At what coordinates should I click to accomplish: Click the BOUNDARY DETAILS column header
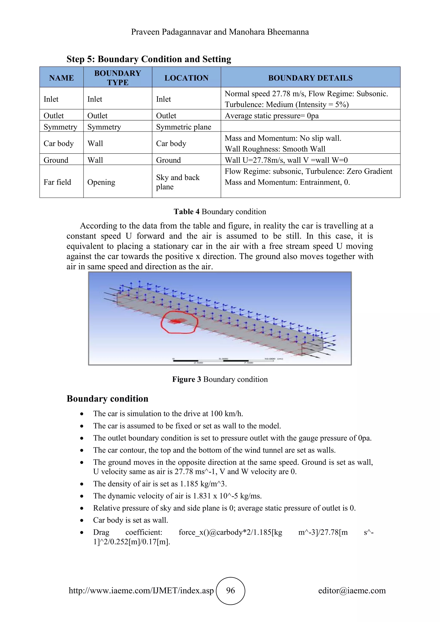(310, 78)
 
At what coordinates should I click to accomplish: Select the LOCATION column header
(186, 78)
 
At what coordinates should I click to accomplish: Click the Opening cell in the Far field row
(101, 182)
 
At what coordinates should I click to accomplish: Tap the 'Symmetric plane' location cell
(183, 127)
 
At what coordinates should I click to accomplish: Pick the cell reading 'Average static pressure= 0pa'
(272, 116)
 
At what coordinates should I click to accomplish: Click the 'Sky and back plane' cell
(177, 182)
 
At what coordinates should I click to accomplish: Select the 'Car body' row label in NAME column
(58, 143)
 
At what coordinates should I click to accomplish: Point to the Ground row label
(56, 160)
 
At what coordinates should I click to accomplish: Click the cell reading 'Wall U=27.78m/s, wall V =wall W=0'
(286, 160)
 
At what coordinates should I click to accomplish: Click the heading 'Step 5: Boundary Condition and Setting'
(149, 59)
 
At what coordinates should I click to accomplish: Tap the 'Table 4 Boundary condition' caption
(220, 212)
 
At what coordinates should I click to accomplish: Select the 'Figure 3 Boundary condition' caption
(220, 379)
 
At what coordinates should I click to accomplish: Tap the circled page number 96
(231, 591)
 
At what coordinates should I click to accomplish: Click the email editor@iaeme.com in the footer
(352, 591)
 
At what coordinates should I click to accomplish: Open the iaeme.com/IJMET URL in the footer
(141, 591)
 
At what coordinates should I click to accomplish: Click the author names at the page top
(220, 32)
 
